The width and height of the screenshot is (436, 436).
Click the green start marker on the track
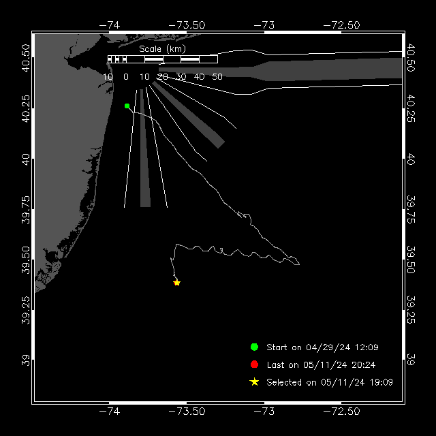pyautogui.click(x=127, y=106)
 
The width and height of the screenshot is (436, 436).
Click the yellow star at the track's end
pyautogui.click(x=177, y=283)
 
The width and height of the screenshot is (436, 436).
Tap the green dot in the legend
pyautogui.click(x=254, y=347)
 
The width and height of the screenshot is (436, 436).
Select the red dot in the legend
pyautogui.click(x=254, y=364)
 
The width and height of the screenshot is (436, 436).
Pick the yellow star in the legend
pyautogui.click(x=254, y=382)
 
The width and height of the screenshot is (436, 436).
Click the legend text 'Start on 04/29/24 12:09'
pyautogui.click(x=322, y=347)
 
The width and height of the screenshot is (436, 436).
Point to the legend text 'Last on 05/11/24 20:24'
pyautogui.click(x=321, y=365)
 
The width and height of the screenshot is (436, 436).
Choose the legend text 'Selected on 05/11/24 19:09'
pyautogui.click(x=330, y=382)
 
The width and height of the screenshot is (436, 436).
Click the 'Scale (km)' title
pyautogui.click(x=162, y=49)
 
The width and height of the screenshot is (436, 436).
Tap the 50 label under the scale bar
pyautogui.click(x=217, y=77)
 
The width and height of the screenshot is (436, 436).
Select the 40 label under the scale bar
pyautogui.click(x=199, y=77)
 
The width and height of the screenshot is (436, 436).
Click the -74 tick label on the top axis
pyautogui.click(x=110, y=25)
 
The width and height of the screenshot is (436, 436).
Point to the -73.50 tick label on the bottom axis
pyautogui.click(x=187, y=411)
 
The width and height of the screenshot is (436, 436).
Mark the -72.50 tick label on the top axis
pyautogui.click(x=341, y=25)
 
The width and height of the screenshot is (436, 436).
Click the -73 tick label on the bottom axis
pyautogui.click(x=264, y=411)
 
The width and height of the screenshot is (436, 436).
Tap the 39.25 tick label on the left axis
pyautogui.click(x=26, y=310)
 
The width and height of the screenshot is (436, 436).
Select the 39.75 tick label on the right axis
pyautogui.click(x=411, y=209)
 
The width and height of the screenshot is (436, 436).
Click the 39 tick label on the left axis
pyautogui.click(x=26, y=360)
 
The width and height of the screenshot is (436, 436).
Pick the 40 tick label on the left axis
pyautogui.click(x=26, y=159)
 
